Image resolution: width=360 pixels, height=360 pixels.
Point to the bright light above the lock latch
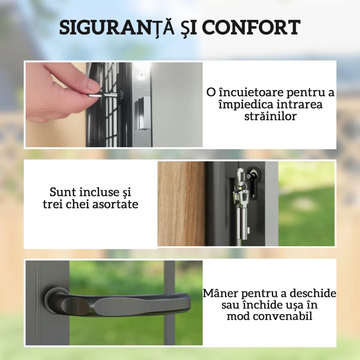141,71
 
